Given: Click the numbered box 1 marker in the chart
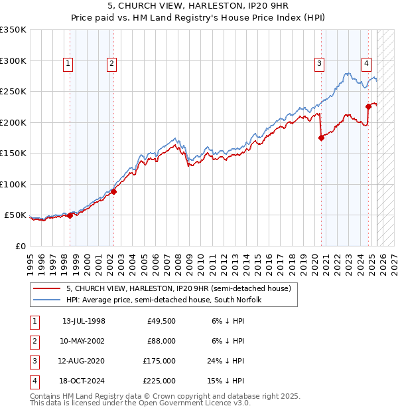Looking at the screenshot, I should pos(69,64).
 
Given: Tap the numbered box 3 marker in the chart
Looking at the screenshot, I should pos(319,64).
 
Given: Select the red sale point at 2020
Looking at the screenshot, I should pos(322,138).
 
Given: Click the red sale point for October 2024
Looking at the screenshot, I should pos(368,106).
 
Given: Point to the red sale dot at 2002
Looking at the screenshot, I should pos(113,191).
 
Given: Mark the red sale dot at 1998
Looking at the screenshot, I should pos(70,215).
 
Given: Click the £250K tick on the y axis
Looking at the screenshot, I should pos(14,91).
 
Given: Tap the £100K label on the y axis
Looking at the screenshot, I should pos(14,184).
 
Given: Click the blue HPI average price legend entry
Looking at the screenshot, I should pos(164,300).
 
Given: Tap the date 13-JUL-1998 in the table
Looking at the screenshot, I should pos(84,321).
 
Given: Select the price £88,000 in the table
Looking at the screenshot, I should pos(161,341).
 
